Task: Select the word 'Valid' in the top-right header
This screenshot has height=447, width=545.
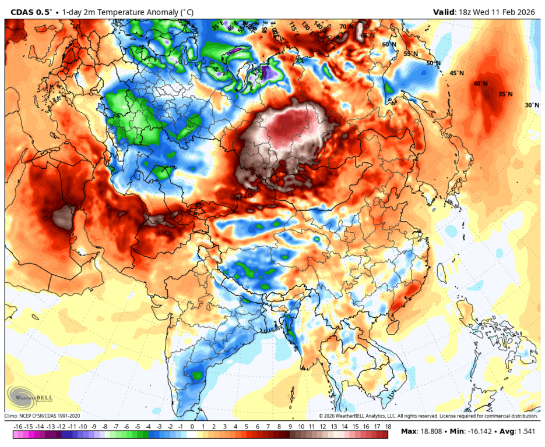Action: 445,11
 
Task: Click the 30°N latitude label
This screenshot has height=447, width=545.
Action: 532,105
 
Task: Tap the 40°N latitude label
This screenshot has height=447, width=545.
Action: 480,84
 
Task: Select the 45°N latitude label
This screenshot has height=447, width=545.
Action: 456,73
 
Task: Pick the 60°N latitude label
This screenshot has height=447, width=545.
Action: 388,44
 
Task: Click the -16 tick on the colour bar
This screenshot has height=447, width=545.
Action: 18,427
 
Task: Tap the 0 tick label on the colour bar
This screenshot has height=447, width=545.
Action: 192,427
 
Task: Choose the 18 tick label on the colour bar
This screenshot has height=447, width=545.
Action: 388,427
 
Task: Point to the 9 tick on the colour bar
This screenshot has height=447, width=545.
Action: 290,427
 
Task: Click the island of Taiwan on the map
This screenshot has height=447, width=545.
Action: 438,272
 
